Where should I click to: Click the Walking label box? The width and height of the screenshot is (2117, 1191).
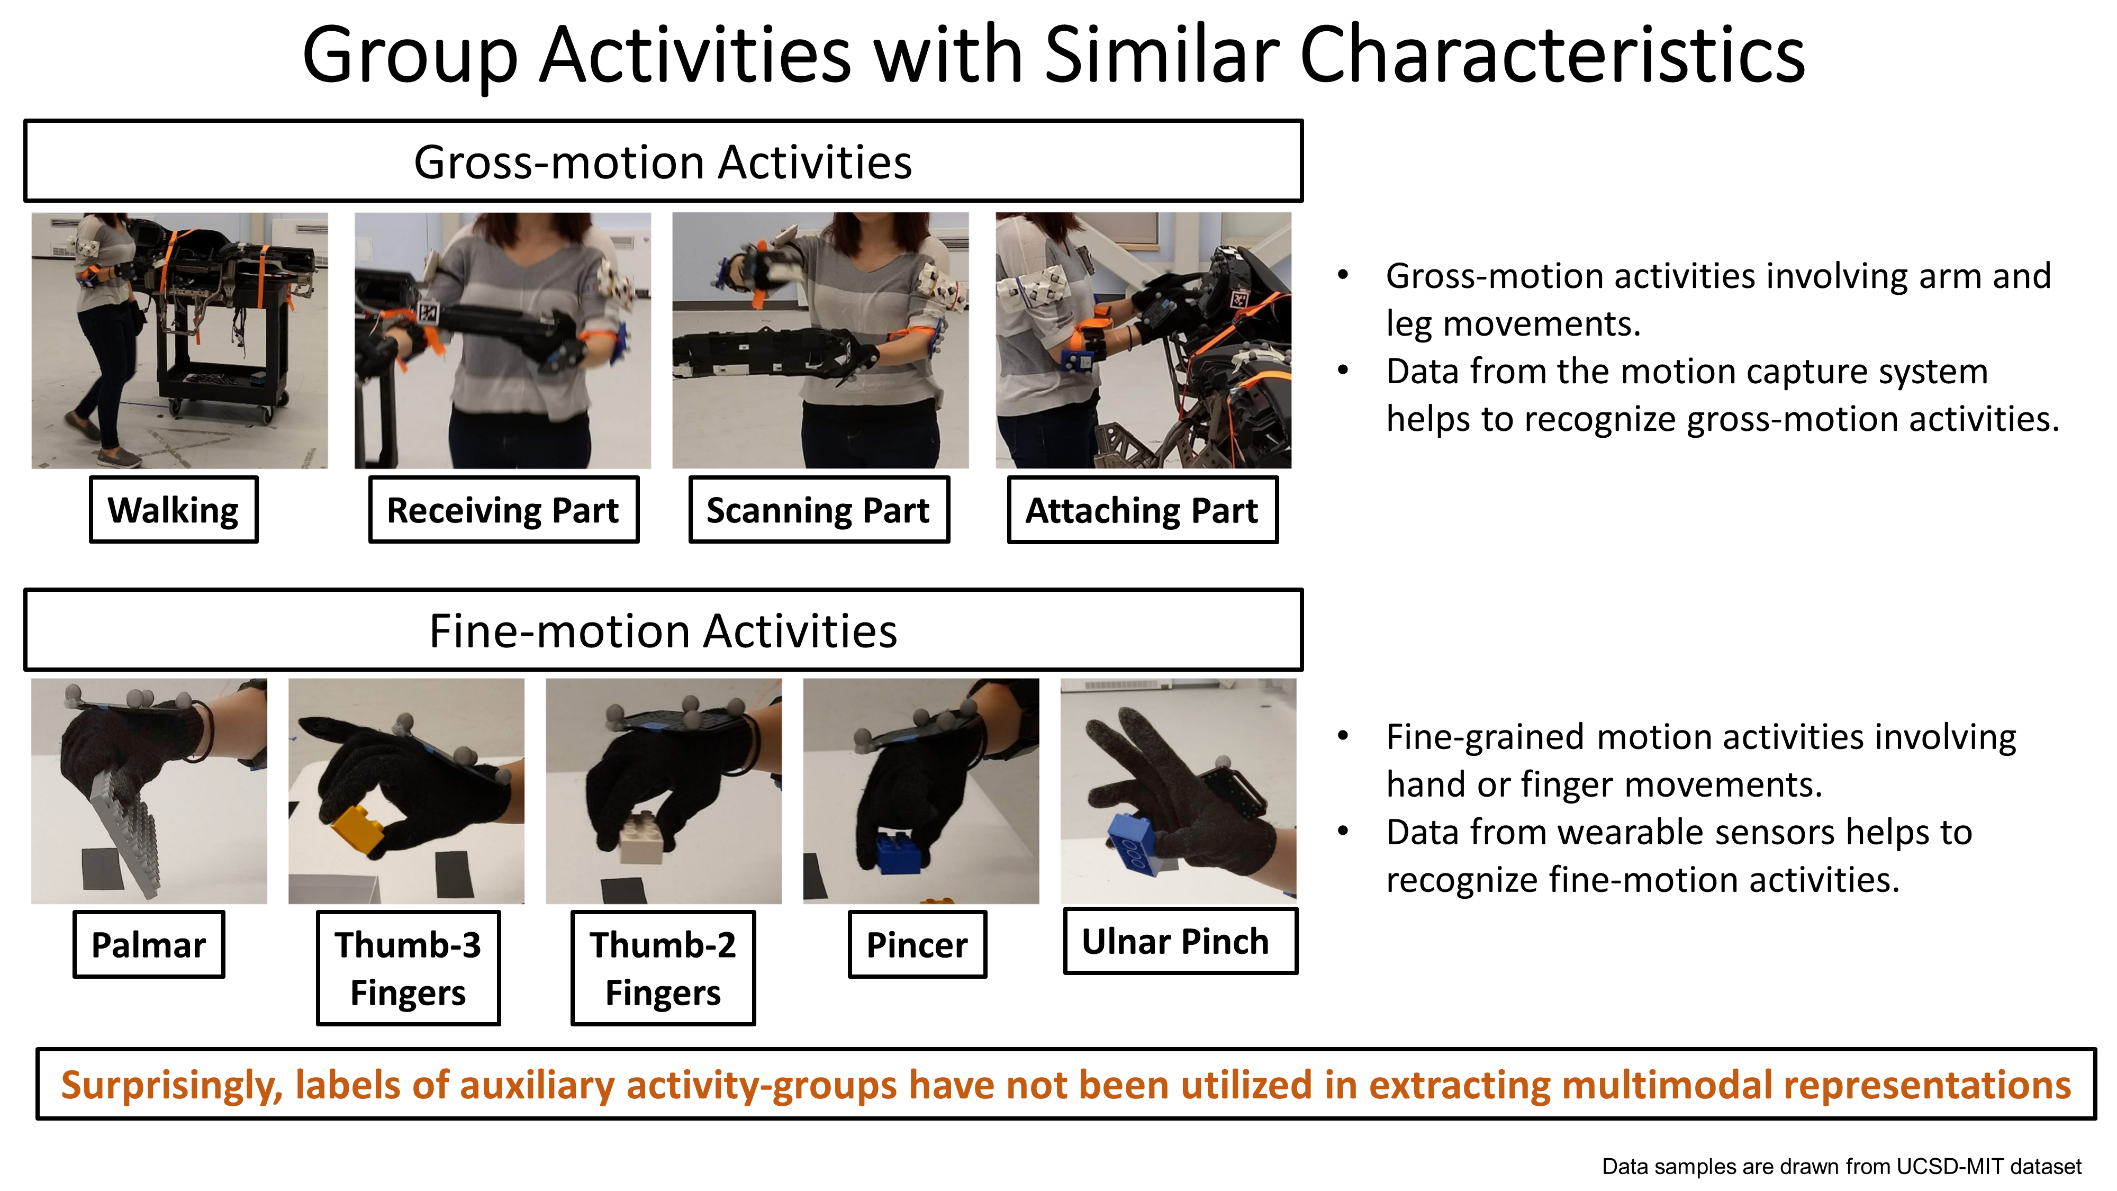(x=174, y=510)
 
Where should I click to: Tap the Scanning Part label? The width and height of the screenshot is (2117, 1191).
(x=819, y=510)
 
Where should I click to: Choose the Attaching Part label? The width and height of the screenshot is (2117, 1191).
(x=1142, y=510)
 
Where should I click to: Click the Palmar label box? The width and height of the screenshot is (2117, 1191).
(x=149, y=944)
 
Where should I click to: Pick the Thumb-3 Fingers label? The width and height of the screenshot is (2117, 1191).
(x=409, y=968)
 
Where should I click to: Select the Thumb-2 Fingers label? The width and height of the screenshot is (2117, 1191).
(x=663, y=968)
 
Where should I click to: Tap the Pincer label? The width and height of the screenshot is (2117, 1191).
(x=917, y=944)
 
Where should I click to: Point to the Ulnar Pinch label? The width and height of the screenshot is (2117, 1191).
(x=1180, y=941)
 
